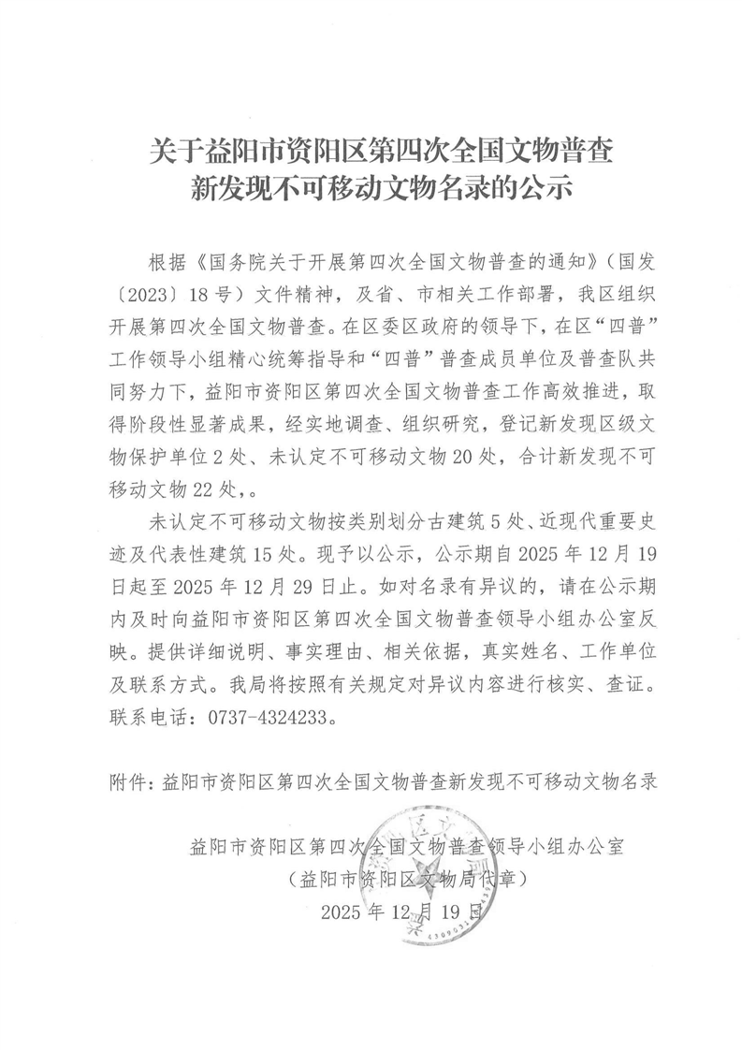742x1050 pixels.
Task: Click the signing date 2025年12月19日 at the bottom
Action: (403, 911)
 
